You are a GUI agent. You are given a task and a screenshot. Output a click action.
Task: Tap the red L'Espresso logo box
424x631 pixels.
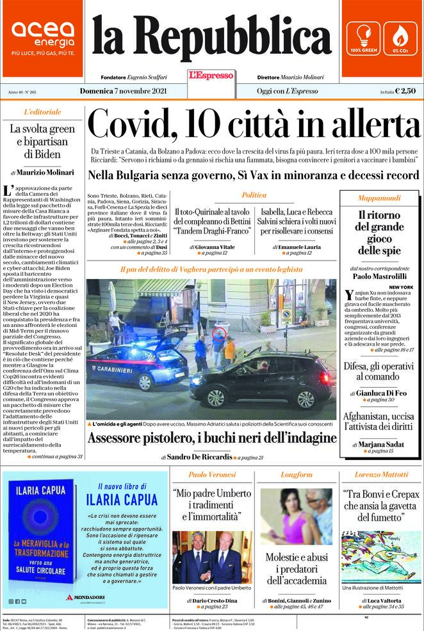pyautogui.click(x=211, y=76)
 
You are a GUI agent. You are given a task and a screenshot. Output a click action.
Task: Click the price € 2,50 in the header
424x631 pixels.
pyautogui.click(x=405, y=91)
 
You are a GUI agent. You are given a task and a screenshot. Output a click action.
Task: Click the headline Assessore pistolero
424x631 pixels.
pyautogui.click(x=212, y=438)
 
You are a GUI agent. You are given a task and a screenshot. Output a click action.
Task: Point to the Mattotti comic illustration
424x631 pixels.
pyautogui.click(x=382, y=556)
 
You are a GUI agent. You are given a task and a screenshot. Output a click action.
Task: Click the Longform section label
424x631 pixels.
pyautogui.click(x=297, y=475)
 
